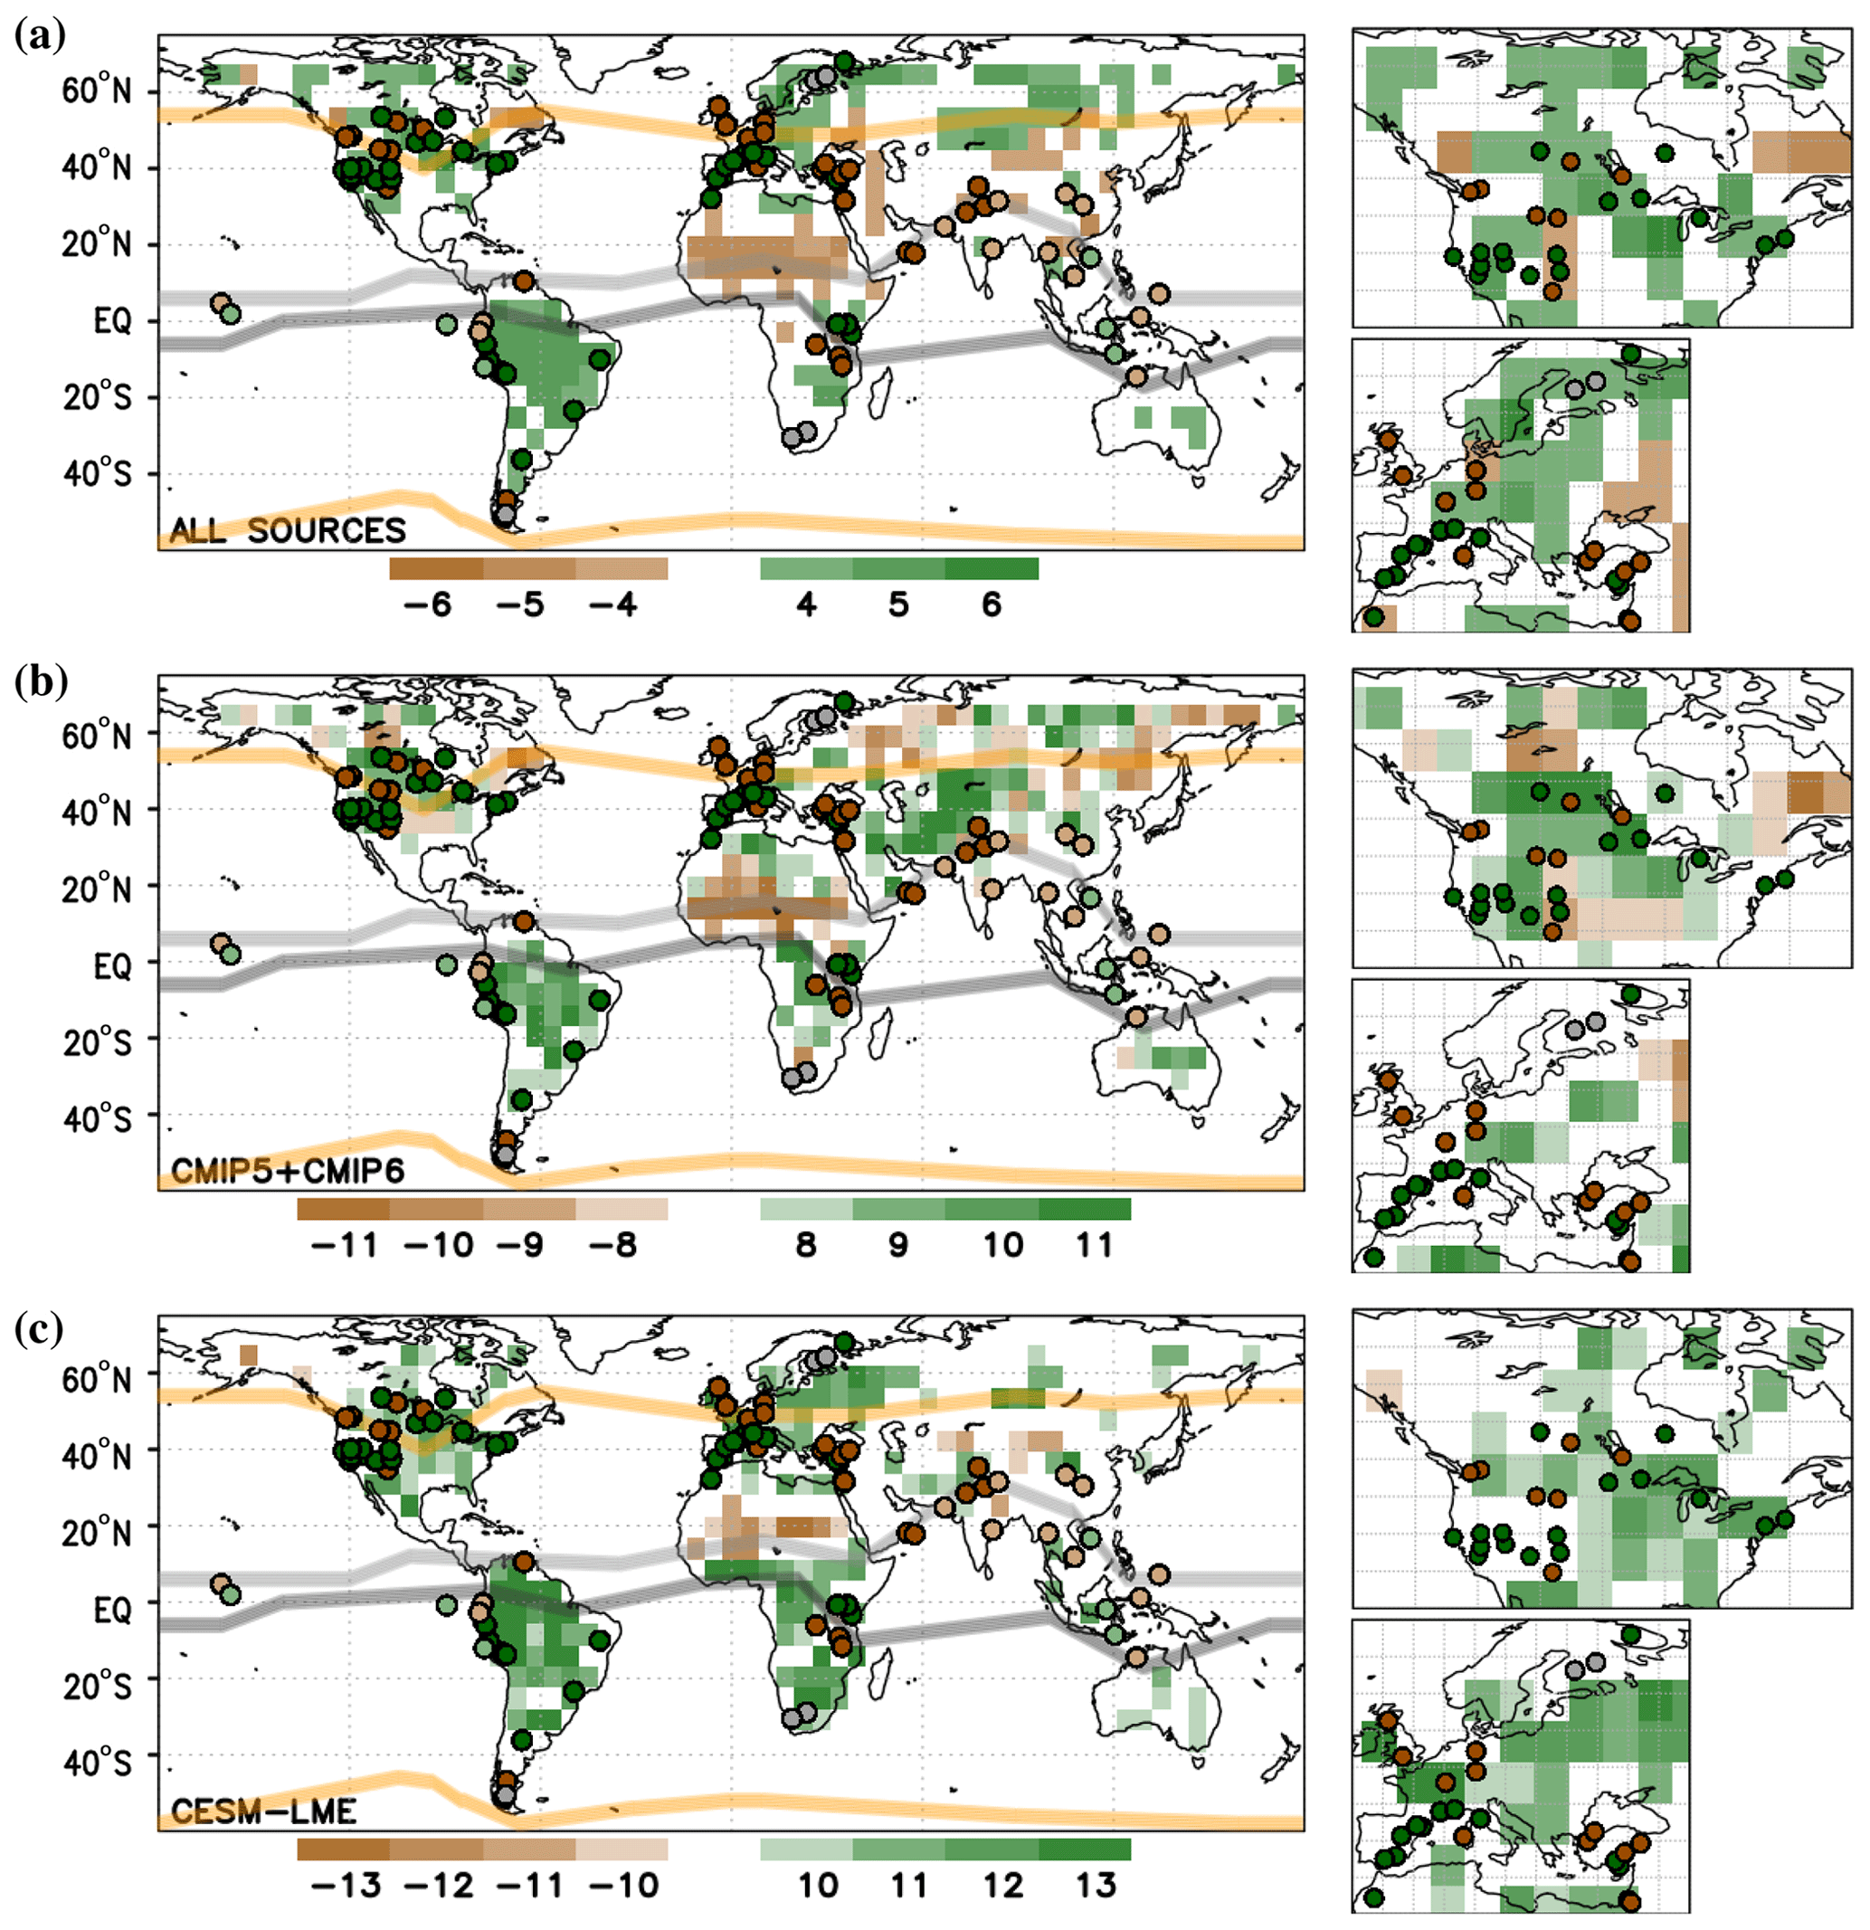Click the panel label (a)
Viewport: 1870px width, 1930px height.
point(41,36)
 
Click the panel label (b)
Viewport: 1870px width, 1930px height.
point(41,680)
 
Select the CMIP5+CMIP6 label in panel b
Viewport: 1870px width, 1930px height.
point(289,1171)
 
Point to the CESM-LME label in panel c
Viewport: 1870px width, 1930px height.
point(264,1811)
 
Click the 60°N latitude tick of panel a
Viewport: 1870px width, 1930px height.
point(97,91)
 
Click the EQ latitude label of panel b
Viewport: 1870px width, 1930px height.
point(112,966)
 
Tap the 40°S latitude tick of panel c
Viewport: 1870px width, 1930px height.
point(97,1762)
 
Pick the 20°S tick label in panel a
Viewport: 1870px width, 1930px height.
point(97,399)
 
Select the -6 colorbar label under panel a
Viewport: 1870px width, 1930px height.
point(427,604)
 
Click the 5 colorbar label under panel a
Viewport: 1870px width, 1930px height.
point(898,604)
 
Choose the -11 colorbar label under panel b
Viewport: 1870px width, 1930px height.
point(344,1246)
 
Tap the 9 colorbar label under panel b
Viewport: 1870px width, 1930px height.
point(898,1246)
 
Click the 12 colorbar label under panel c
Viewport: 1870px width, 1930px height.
point(1003,1886)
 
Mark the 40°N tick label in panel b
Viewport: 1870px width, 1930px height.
point(97,813)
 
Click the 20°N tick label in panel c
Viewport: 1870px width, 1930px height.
point(97,1533)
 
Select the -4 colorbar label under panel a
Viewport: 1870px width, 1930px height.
point(612,604)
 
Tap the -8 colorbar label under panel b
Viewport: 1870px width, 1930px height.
point(612,1246)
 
